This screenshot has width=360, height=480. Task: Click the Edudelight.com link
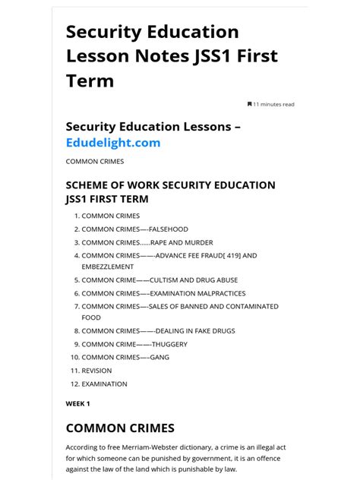113,143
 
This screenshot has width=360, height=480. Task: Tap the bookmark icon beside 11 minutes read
249,104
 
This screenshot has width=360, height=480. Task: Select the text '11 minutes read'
274,104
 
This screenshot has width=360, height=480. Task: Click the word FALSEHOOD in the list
169,229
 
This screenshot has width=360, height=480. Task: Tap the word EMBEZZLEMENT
108,267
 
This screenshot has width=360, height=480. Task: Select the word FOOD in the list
91,318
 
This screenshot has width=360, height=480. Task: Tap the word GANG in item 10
159,357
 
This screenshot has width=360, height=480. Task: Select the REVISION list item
96,371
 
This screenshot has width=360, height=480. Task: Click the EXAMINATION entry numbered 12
105,384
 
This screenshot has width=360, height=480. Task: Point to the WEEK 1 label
78,403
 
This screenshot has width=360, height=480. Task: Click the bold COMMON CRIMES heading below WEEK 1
120,428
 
